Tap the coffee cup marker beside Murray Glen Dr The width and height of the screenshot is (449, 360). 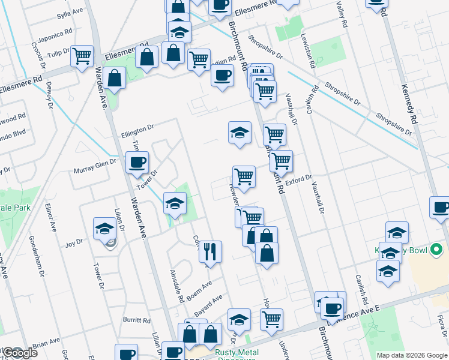point(137,162)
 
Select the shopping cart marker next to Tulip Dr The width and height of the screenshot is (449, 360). point(82,56)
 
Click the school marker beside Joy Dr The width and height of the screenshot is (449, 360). point(104,229)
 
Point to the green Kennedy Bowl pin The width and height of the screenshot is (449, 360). point(436,249)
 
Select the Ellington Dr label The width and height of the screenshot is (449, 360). point(137,129)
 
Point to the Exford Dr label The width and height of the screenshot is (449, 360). point(299,179)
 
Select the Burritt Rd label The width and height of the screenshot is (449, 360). point(137,320)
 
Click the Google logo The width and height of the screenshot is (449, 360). point(20,353)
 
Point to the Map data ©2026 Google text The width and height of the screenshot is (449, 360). point(411,355)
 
